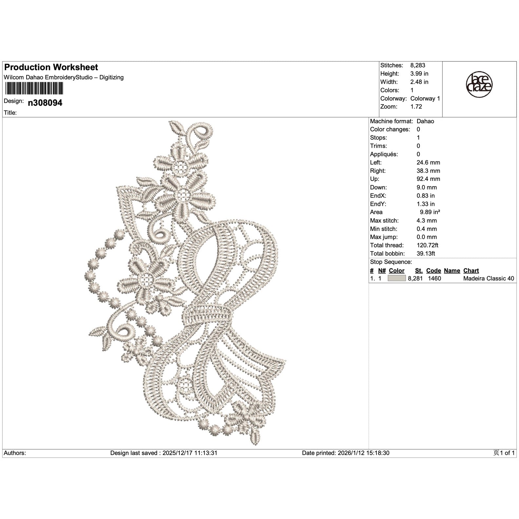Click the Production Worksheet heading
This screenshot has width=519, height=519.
(51, 67)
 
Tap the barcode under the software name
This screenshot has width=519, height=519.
(34, 88)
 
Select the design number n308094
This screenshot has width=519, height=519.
(45, 103)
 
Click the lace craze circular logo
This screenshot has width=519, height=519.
(479, 85)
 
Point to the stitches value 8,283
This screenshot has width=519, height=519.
(418, 66)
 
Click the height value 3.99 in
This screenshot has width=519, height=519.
(419, 74)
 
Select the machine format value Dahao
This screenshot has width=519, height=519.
(425, 121)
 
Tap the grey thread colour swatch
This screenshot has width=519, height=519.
(396, 279)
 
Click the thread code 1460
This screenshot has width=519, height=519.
(434, 279)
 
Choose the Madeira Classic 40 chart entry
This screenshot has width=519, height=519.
(489, 279)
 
